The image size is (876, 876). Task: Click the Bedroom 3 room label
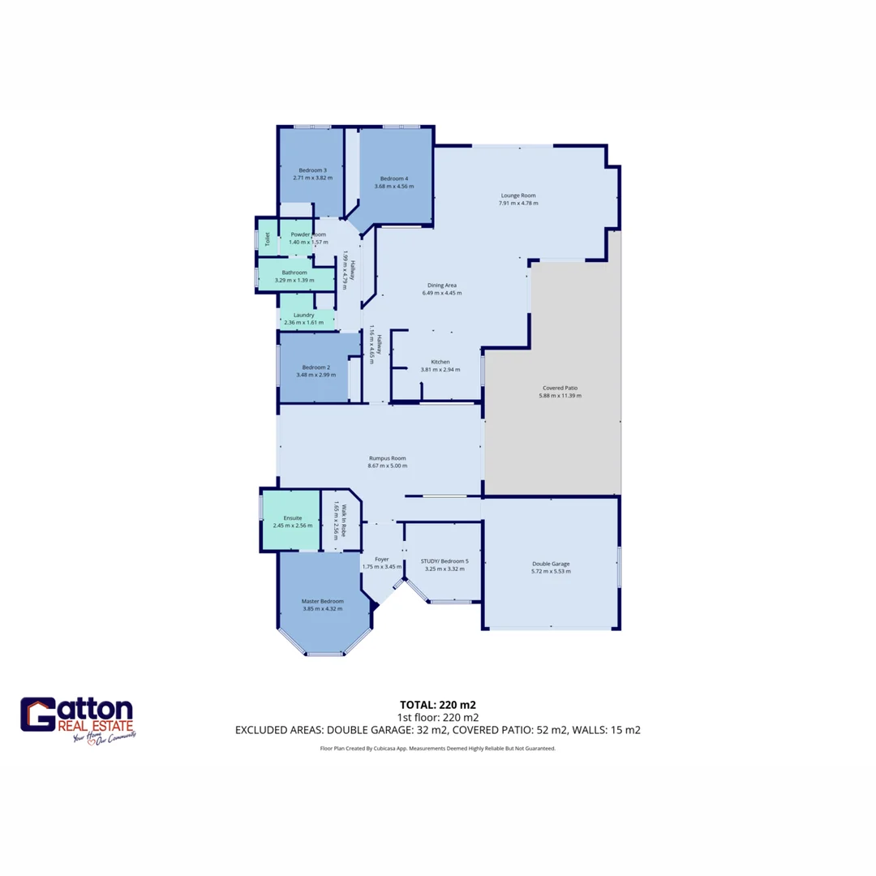[312, 170]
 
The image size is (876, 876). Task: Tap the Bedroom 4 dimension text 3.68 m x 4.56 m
[394, 187]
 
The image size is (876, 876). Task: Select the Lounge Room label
[517, 195]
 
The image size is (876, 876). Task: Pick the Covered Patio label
[560, 388]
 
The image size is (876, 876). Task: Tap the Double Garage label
[551, 564]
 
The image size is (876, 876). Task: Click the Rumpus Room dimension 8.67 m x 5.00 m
[387, 466]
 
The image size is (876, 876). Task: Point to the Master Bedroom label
[322, 601]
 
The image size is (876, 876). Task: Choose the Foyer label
[381, 559]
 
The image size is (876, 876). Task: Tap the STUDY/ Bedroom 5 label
[444, 560]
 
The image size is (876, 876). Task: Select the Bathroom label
[294, 273]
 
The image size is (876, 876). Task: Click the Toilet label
[267, 238]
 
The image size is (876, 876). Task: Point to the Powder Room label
[308, 234]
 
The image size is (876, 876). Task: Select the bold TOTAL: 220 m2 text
[437, 704]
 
